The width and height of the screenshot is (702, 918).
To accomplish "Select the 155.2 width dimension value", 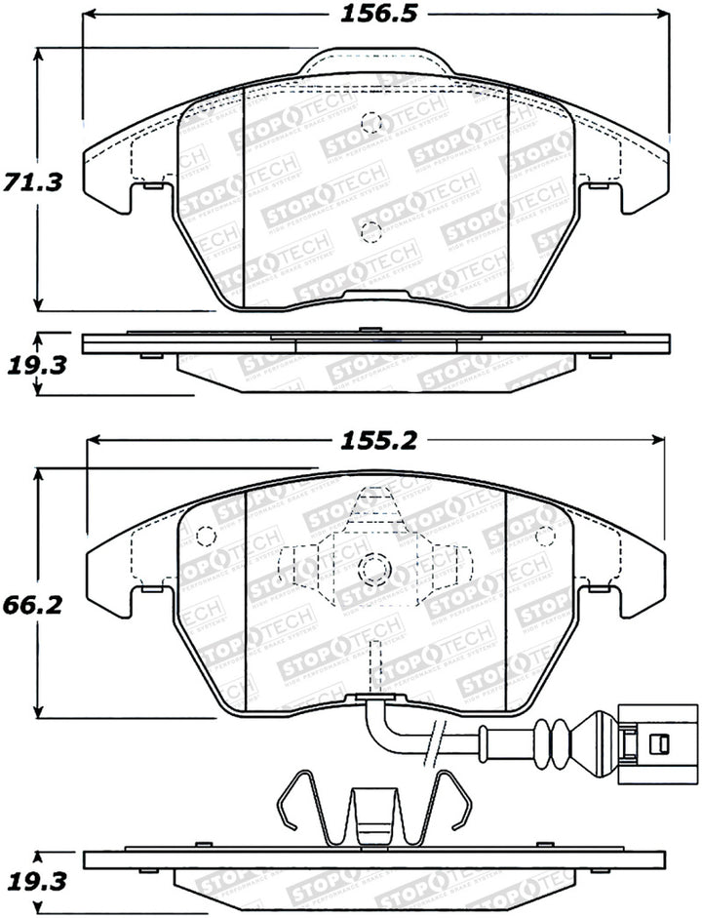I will point(378,441).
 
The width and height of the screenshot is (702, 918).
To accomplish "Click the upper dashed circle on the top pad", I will point(370,123).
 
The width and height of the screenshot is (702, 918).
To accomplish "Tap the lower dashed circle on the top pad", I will point(370,230).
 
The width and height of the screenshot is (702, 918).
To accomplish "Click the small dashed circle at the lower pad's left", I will point(205,538).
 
